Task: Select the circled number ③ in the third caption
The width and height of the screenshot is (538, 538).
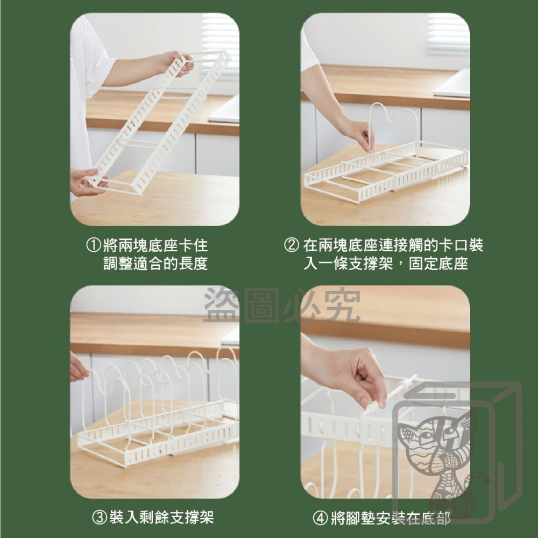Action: pos(99,518)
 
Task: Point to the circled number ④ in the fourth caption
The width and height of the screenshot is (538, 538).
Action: pos(320,518)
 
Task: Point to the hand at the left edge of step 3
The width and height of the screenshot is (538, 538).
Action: pos(78,368)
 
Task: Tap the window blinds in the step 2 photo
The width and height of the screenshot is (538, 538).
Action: pos(448,34)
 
